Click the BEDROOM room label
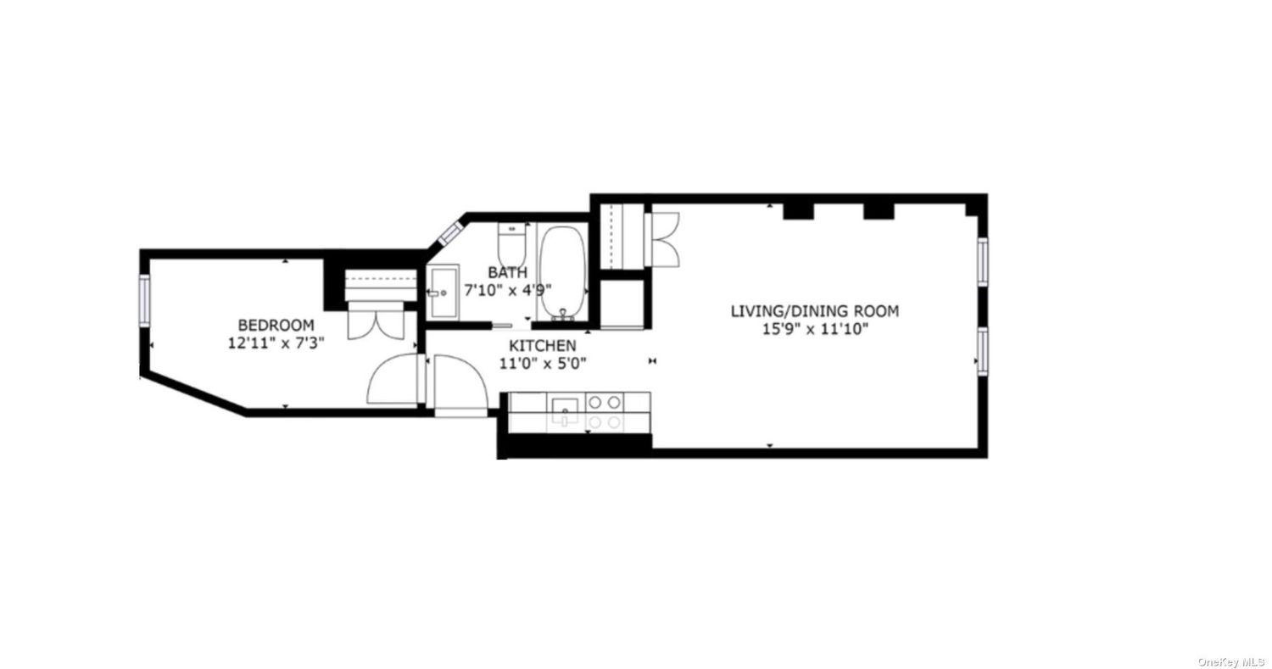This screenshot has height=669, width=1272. click(276, 326)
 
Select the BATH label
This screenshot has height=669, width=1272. click(508, 272)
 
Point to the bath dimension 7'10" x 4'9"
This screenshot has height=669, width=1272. click(508, 290)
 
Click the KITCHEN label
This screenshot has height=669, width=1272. click(543, 345)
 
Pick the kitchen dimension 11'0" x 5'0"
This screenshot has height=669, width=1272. click(543, 364)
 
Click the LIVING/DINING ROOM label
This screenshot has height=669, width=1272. click(815, 311)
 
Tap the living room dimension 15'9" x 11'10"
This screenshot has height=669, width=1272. click(815, 329)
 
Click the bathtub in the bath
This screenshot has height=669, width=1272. click(562, 273)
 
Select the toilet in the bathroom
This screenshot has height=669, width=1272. click(512, 243)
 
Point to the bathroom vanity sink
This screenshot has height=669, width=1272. click(444, 293)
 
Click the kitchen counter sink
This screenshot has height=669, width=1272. click(565, 410)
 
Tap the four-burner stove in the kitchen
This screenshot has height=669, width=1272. click(604, 412)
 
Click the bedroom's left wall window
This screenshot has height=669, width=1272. click(144, 299)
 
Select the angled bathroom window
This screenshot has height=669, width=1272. click(451, 233)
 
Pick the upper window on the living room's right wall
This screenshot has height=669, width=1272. click(982, 261)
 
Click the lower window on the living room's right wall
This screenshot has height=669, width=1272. click(982, 351)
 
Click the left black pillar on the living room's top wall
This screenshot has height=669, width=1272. click(798, 211)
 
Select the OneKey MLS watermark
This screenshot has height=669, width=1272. click(1230, 662)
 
